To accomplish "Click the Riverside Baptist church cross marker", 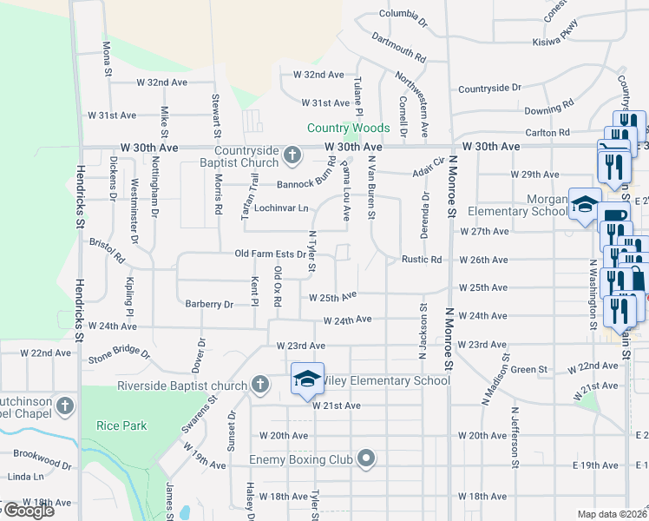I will tap(259, 385).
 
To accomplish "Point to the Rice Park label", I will tap(121, 425).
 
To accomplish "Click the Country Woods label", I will tap(348, 129).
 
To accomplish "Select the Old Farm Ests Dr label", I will tap(271, 254).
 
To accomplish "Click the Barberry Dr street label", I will tap(209, 305).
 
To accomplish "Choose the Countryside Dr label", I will tap(489, 89).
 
